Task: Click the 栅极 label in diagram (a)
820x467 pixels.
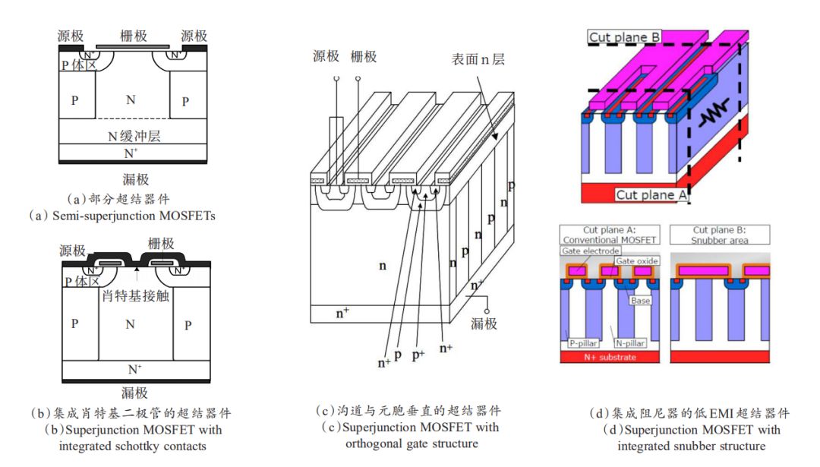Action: (x=134, y=36)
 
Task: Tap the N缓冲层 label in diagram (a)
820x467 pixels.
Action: (x=134, y=136)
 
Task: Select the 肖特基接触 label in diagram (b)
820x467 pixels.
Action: (x=135, y=295)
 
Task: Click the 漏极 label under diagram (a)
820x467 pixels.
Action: (x=135, y=179)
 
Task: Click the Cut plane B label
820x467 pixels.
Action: (x=624, y=36)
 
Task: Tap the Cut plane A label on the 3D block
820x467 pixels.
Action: (x=651, y=194)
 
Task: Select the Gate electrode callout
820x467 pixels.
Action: (x=590, y=251)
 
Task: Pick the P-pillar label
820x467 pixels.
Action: (x=583, y=344)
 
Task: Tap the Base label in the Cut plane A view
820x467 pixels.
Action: (x=640, y=301)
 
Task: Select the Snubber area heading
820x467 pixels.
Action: (x=721, y=240)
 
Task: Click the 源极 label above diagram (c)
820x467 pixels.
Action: (x=326, y=56)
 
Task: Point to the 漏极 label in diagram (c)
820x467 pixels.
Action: (x=484, y=323)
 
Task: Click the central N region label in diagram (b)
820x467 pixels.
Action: (x=130, y=324)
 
